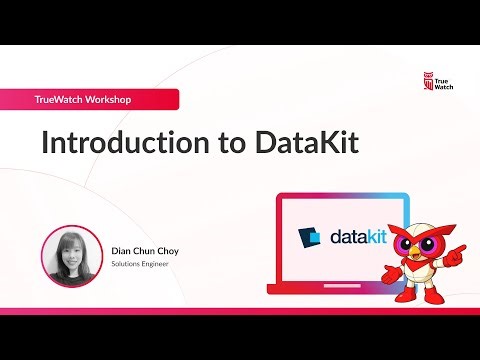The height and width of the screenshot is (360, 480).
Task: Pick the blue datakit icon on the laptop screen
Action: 311,237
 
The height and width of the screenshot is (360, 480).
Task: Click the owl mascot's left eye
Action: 406,242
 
